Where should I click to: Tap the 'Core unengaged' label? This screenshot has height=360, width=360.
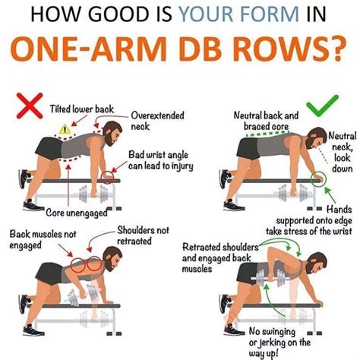(55, 213)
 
